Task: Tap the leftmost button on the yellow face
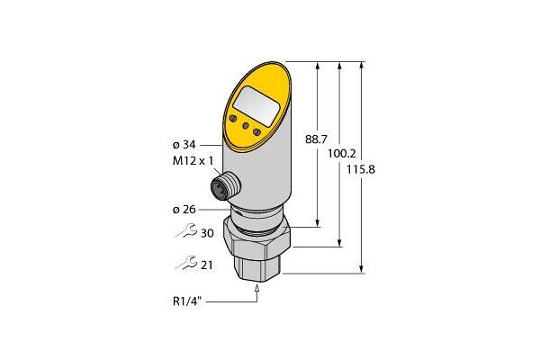click(x=236, y=118)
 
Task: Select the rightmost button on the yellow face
click(x=258, y=133)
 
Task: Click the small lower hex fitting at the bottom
click(x=259, y=266)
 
